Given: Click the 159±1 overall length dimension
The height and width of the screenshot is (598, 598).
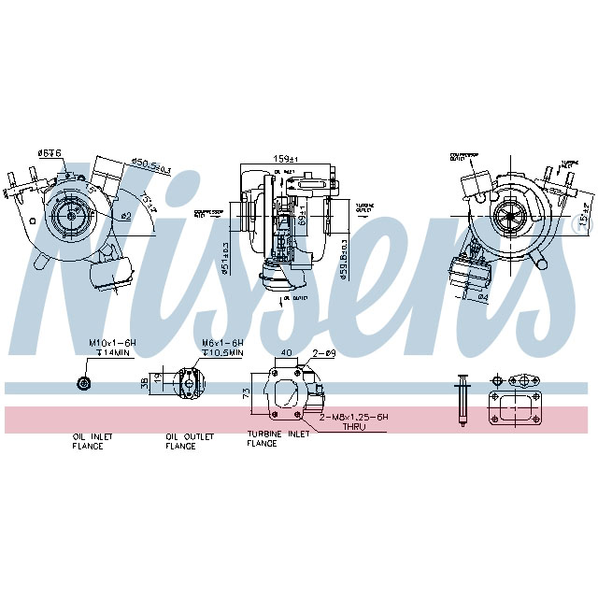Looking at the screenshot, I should click(282, 158).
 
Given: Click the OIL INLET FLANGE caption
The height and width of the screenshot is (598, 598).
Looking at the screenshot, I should click(88, 441).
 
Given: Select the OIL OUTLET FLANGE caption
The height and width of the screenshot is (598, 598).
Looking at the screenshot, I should click(190, 441).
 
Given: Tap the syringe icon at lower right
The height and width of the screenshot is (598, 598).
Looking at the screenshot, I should click(461, 400).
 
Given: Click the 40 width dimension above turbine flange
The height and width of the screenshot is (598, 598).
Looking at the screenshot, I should click(286, 353).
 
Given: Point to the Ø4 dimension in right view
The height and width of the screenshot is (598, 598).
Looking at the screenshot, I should click(483, 299).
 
